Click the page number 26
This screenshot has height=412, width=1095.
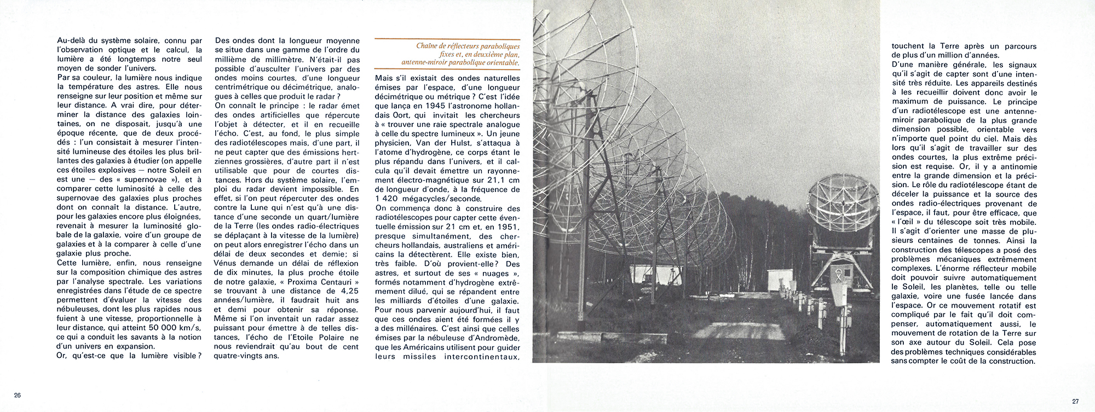coord(18,395)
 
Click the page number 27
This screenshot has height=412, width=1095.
coord(1075,401)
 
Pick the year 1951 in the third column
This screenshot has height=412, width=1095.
coord(509,227)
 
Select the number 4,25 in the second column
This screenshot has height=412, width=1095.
coord(346,291)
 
